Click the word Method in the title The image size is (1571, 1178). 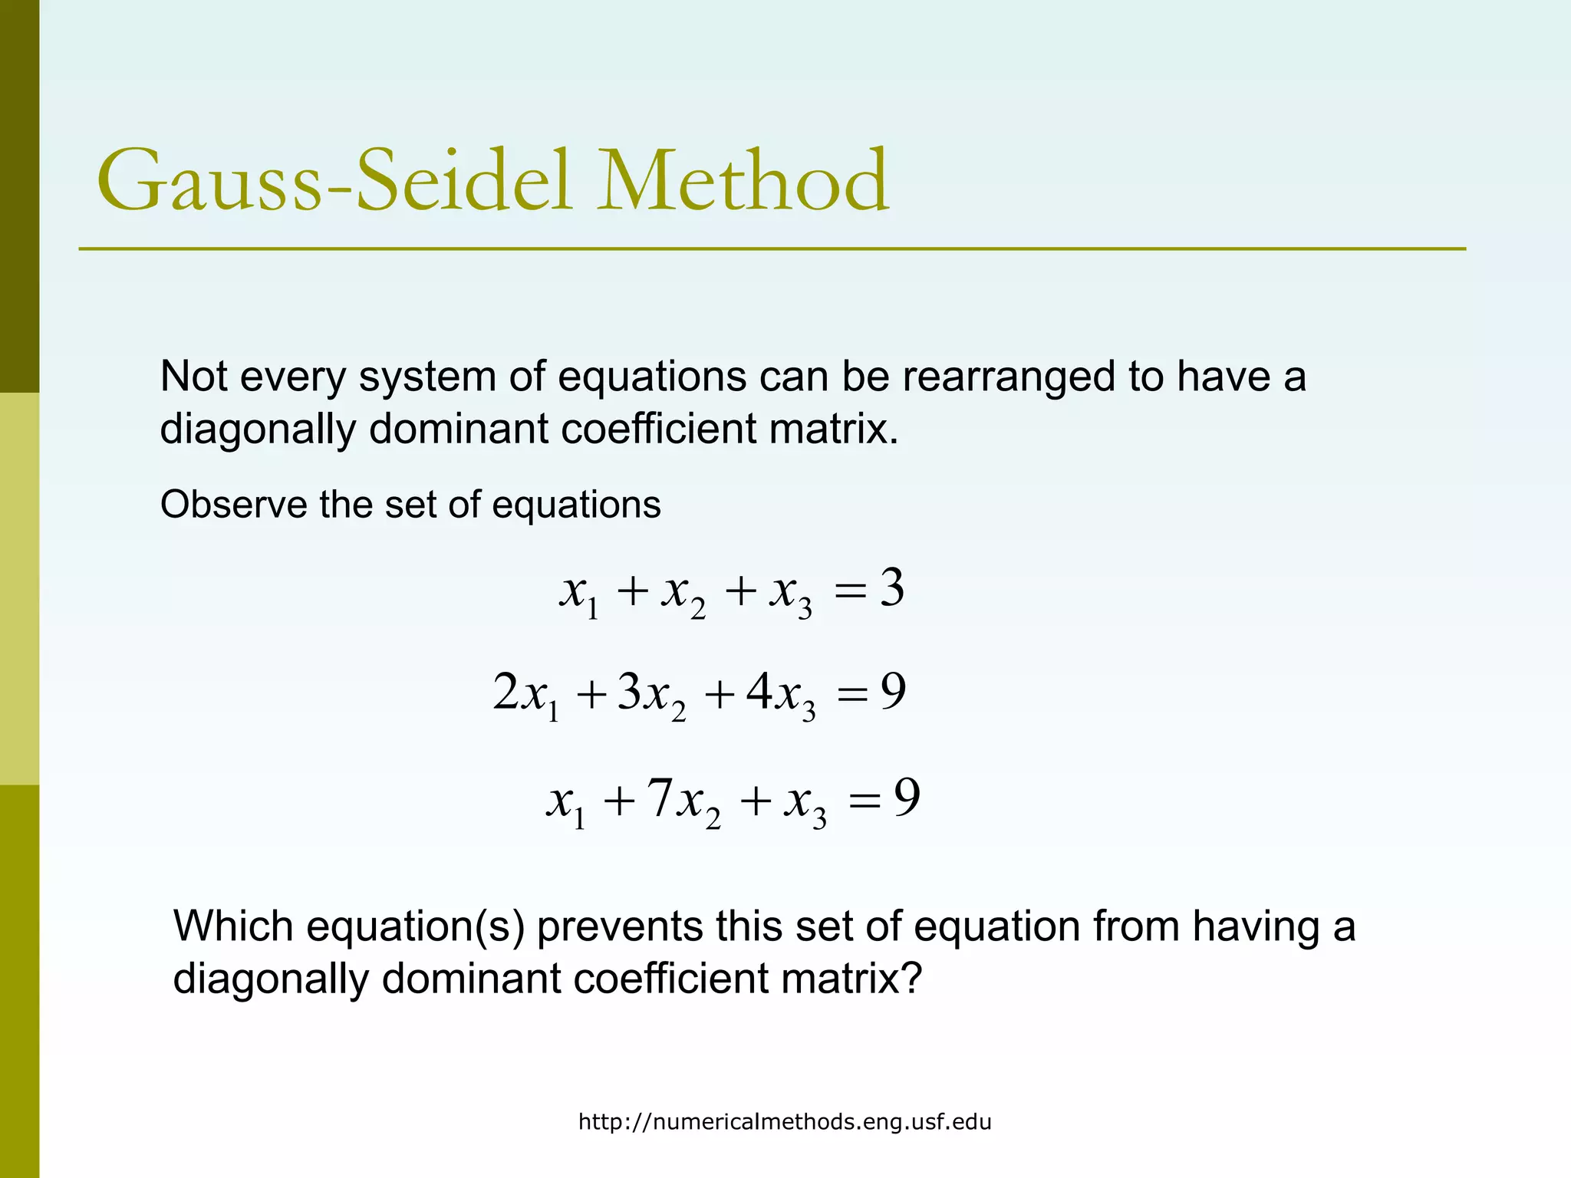[x=743, y=181]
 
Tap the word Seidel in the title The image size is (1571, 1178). [x=464, y=181]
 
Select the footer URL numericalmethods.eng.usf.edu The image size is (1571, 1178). [x=784, y=1122]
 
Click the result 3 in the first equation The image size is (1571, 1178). [x=891, y=589]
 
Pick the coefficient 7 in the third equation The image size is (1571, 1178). [x=660, y=798]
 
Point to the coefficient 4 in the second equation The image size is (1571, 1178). [x=759, y=691]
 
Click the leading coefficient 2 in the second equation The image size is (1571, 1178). [x=506, y=691]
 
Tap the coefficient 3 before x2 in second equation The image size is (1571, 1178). [x=629, y=691]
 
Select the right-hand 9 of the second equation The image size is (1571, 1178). [x=893, y=691]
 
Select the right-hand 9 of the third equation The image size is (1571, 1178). [x=907, y=798]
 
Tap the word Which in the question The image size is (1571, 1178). [x=233, y=926]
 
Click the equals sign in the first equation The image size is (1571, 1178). [x=850, y=591]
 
